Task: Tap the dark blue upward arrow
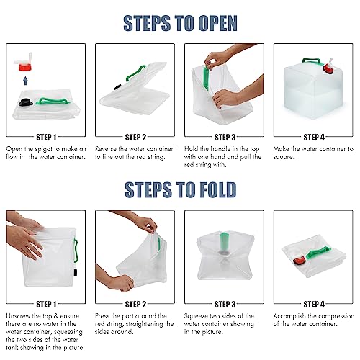pos(25,81)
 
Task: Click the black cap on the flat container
pos(26,103)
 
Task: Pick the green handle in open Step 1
pos(53,102)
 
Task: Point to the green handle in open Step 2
pos(135,73)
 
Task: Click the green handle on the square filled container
pos(312,61)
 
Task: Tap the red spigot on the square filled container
pos(328,68)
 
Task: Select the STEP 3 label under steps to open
pos(225,138)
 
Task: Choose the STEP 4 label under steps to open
pos(314,138)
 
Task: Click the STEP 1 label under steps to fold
pos(46,305)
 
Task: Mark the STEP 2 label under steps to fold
pos(135,305)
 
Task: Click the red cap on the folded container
pos(299,260)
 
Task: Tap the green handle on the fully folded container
pos(319,253)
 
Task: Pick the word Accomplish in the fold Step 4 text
pos(289,317)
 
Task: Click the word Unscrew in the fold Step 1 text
pos(18,316)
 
